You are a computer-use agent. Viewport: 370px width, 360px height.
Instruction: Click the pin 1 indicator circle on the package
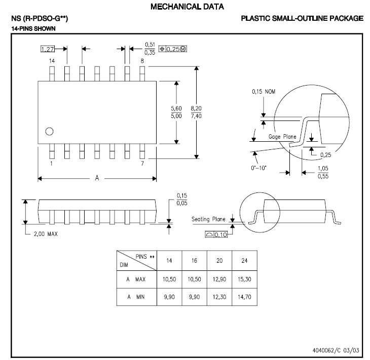pyautogui.click(x=49, y=132)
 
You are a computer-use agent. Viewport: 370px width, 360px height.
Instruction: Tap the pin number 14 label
pyautogui.click(x=51, y=61)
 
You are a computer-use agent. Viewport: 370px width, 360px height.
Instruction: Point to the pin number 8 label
pyautogui.click(x=142, y=61)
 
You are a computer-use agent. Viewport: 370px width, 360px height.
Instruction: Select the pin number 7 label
pyautogui.click(x=142, y=164)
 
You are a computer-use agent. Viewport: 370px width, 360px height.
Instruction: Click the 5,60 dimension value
pyautogui.click(x=176, y=108)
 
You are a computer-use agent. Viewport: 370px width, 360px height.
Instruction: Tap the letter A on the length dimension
pyautogui.click(x=97, y=178)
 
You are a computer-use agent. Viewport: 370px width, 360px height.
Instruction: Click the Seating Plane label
pyautogui.click(x=208, y=219)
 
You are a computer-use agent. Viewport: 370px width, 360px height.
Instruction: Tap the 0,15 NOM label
pyautogui.click(x=264, y=92)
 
